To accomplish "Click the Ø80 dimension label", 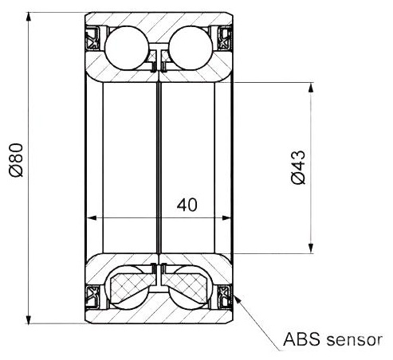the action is (x=16, y=160).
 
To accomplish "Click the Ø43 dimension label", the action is (x=298, y=167).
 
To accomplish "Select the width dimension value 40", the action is (x=187, y=205).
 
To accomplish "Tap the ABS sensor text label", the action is (x=332, y=339).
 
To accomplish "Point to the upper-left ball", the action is (x=127, y=48).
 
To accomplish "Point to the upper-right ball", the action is (x=191, y=48).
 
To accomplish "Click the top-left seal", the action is (x=92, y=38).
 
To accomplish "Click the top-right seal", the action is (x=225, y=38).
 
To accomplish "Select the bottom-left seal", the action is (x=92, y=297).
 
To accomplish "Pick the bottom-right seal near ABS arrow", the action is (x=225, y=297).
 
